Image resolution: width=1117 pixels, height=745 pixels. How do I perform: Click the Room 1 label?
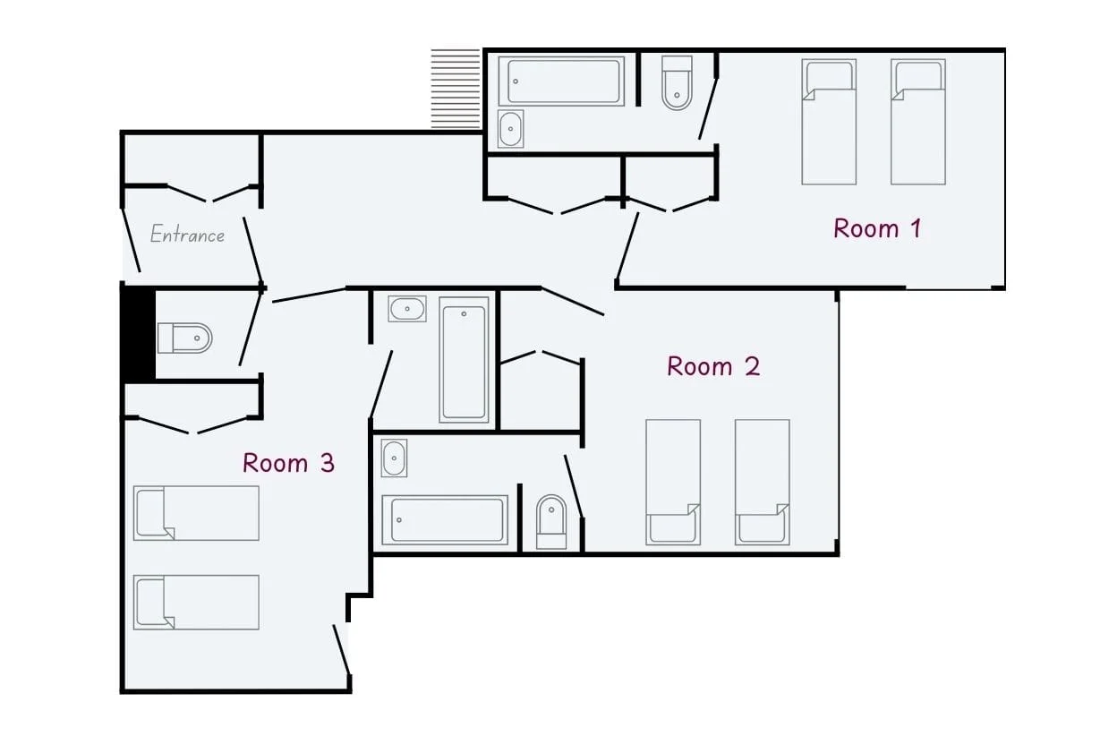tap(877, 228)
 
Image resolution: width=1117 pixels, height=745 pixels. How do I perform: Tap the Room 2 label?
tap(713, 366)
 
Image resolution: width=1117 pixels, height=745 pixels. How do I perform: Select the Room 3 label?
tap(288, 463)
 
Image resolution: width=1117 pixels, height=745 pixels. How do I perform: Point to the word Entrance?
tap(187, 234)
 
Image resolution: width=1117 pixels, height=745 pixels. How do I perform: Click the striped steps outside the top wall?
tap(456, 89)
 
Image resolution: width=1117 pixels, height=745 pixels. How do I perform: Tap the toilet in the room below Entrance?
tap(185, 338)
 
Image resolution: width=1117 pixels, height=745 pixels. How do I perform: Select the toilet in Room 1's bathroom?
tap(677, 83)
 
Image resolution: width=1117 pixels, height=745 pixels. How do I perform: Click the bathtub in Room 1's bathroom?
tap(561, 81)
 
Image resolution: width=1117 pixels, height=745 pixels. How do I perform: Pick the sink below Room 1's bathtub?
tap(511, 129)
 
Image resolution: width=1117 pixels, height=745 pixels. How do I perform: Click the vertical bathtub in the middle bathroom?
tap(464, 360)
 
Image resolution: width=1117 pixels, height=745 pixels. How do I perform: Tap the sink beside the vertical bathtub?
tap(407, 309)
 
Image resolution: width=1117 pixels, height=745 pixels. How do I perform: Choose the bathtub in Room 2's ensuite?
tap(445, 520)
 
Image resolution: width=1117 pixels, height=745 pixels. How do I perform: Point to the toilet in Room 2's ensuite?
tap(551, 522)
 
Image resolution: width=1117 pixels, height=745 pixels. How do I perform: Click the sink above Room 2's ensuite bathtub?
tap(394, 458)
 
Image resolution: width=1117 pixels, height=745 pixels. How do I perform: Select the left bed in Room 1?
tap(829, 122)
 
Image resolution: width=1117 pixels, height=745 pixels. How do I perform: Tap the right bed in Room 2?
tap(762, 482)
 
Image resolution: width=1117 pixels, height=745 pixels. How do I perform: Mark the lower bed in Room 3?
tap(196, 603)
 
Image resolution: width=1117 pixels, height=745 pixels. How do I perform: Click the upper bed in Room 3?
tap(196, 513)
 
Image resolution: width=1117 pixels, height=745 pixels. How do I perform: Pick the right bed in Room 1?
tap(918, 122)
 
